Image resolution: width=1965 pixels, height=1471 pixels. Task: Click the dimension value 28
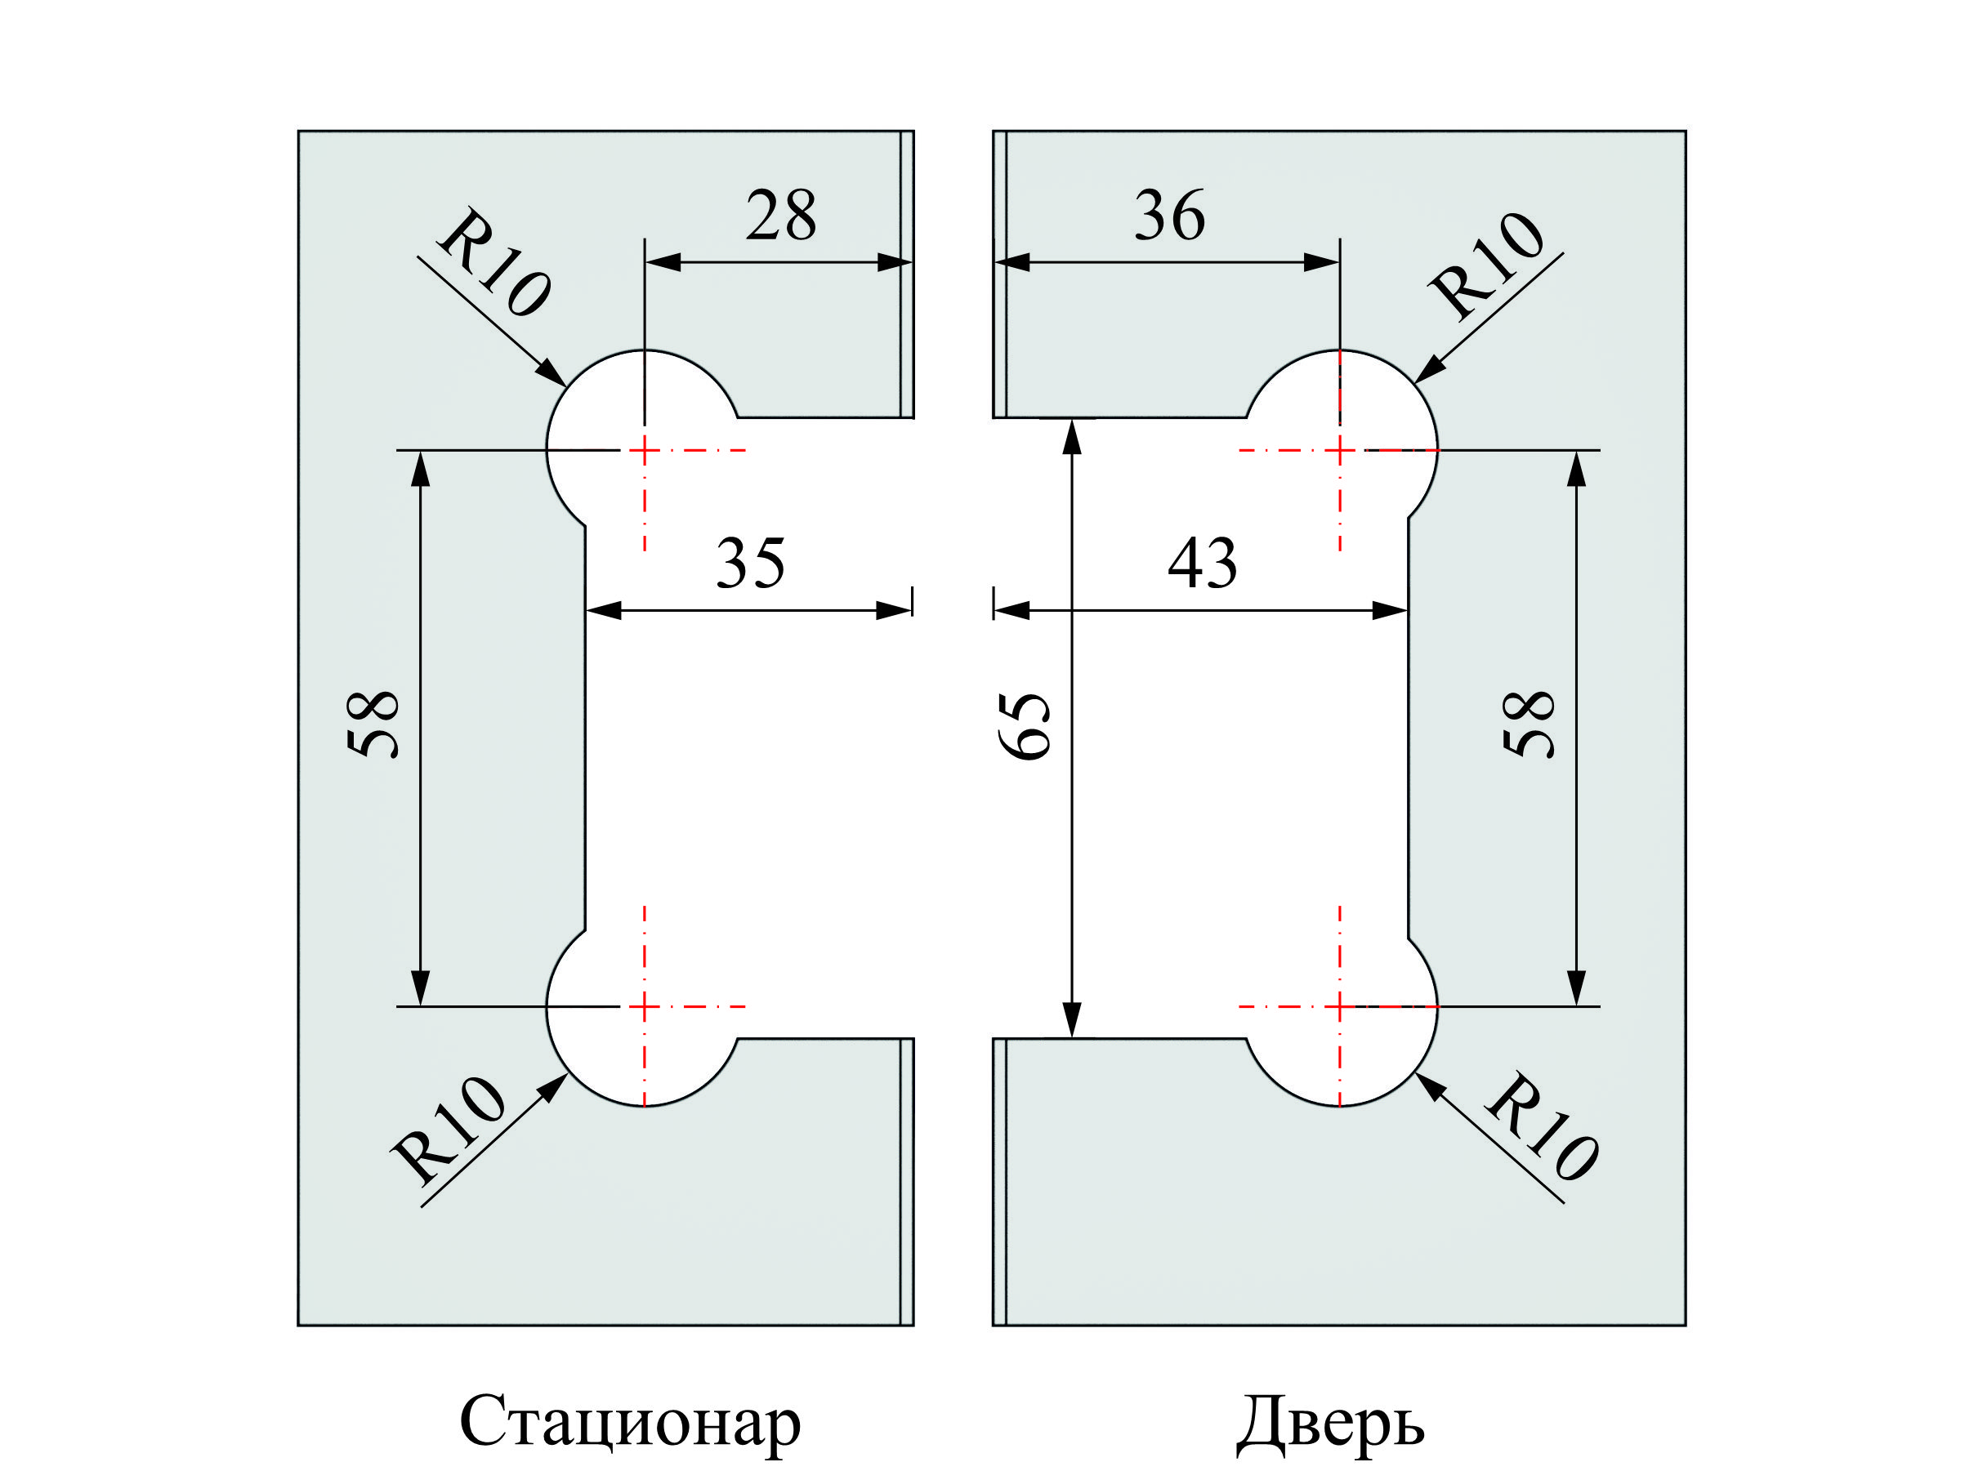[x=780, y=216]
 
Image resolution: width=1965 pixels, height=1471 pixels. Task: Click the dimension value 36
[x=1169, y=216]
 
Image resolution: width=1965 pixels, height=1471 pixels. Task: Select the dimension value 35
[x=750, y=564]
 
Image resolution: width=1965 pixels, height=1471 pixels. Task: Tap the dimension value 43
[x=1201, y=564]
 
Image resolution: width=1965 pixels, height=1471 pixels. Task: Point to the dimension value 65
[x=1025, y=726]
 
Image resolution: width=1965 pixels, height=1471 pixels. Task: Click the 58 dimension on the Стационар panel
[x=373, y=724]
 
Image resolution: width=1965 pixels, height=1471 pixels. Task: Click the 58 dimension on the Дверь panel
[x=1529, y=724]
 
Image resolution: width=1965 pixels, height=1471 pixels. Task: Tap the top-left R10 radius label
[x=494, y=263]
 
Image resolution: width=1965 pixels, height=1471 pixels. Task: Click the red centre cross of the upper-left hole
[x=645, y=450]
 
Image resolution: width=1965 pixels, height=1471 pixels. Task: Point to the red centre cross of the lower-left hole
[x=645, y=1006]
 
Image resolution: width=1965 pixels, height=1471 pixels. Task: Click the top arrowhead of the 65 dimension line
[x=1072, y=436]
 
